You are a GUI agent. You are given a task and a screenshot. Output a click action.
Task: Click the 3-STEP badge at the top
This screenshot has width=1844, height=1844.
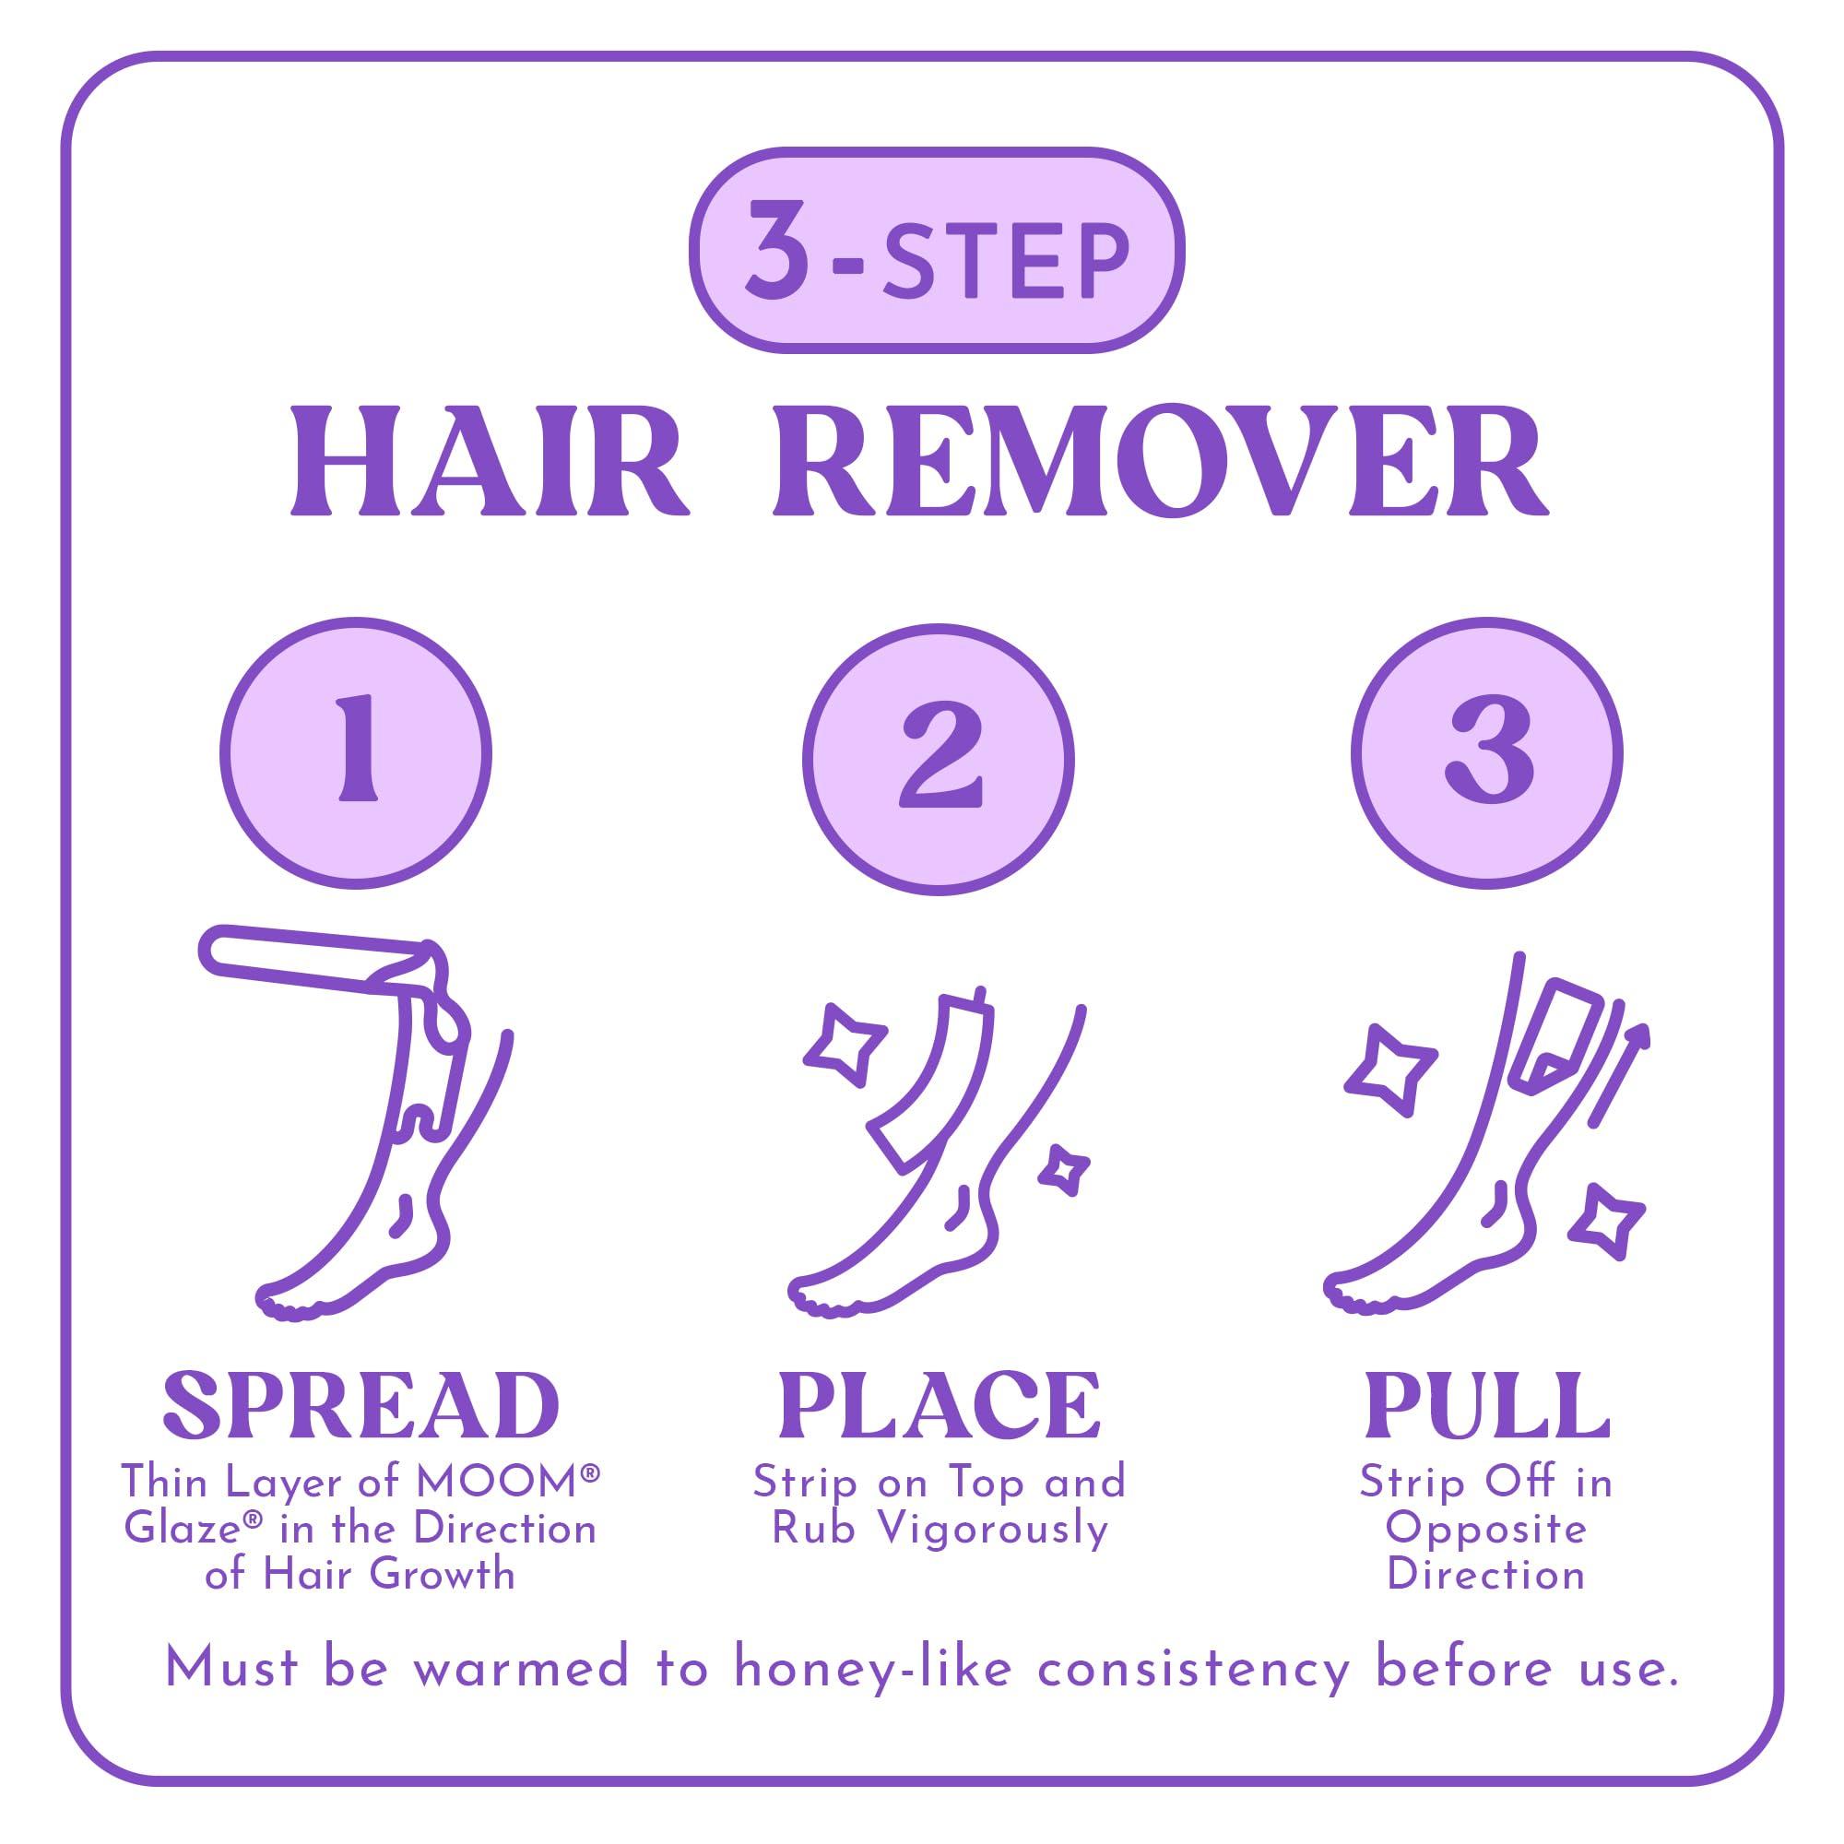coord(937,250)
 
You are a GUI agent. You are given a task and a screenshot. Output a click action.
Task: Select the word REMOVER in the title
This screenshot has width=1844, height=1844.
coord(1160,463)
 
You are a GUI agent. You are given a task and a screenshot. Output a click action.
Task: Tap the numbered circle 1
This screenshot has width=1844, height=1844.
coord(356,754)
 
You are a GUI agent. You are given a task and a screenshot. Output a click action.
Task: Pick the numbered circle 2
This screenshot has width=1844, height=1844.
coord(939,760)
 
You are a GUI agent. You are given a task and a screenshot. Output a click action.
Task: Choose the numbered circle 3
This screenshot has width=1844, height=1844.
coord(1486,754)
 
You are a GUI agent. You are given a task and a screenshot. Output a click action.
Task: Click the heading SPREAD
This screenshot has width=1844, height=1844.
coord(361,1407)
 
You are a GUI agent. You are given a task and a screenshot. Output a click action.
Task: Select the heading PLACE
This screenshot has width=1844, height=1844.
coord(940,1407)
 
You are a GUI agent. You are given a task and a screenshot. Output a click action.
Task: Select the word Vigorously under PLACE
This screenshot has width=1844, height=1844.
coord(993,1530)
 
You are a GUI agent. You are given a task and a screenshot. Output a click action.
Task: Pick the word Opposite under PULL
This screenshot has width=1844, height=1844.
coord(1486,1530)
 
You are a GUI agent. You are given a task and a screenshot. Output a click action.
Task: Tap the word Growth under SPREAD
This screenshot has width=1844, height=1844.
coord(442,1575)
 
